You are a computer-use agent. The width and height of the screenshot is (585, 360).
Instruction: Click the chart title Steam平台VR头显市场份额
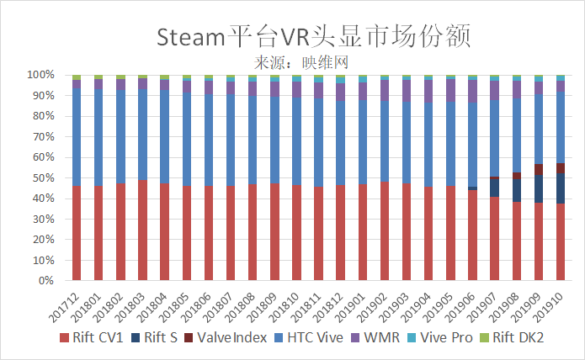tap(312, 36)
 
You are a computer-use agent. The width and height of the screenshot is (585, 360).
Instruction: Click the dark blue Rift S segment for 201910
tap(561, 188)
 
